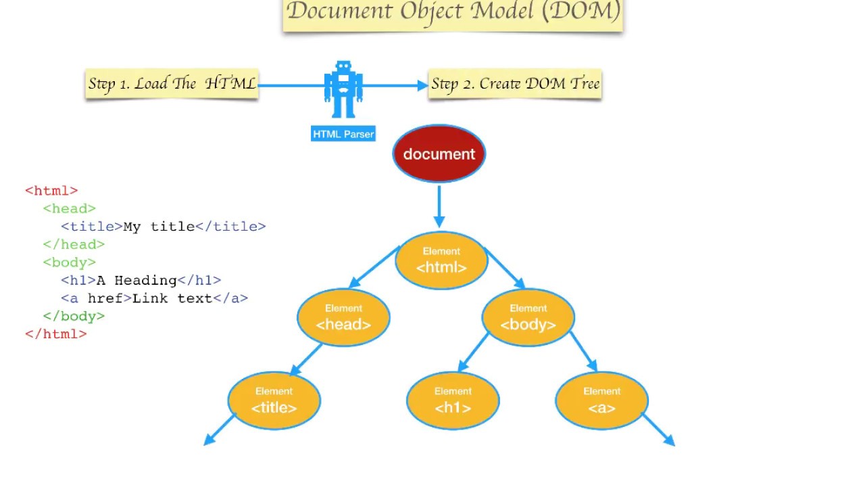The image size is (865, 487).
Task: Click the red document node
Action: point(439,154)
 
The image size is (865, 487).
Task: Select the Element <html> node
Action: point(441,260)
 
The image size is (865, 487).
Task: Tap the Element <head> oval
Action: point(343,317)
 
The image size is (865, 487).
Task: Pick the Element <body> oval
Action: point(528,317)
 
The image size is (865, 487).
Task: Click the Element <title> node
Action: point(274,400)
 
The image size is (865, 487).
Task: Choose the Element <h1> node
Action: point(453,400)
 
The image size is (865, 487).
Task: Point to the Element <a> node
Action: point(601,400)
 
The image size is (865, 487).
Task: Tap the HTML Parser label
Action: point(343,134)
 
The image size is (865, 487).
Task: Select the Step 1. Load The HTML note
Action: point(172,84)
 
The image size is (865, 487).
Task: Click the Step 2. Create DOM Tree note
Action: point(515,84)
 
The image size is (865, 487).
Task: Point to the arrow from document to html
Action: point(439,206)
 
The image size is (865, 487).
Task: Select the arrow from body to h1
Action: point(474,352)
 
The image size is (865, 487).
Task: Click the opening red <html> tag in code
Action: point(51,191)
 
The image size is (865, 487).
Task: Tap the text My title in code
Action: point(159,227)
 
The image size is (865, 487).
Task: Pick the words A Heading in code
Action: point(137,280)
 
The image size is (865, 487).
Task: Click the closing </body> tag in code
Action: point(74,316)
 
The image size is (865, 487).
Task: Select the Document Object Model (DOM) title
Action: point(453,12)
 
